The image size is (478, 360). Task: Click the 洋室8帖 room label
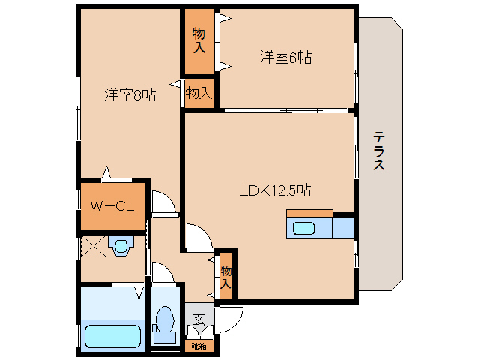coord(130,94)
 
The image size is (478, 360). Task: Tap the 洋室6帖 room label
coord(285,57)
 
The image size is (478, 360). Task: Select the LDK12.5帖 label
coord(275,190)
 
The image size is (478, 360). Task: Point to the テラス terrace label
coord(379,150)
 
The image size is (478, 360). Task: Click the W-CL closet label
coord(112,206)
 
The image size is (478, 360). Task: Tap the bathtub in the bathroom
coord(113,336)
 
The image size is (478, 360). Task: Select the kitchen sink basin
coord(303,229)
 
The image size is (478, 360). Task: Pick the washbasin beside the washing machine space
coord(121,245)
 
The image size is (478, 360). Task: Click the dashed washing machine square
coord(94,246)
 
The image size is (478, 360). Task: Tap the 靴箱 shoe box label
coord(199,346)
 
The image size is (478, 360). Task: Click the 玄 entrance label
coord(199,319)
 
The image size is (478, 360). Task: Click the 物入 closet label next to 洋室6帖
coord(199,40)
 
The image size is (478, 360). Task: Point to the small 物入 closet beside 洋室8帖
coord(199,92)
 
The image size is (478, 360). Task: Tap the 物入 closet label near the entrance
coord(226,277)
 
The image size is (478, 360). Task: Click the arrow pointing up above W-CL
coord(106,172)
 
